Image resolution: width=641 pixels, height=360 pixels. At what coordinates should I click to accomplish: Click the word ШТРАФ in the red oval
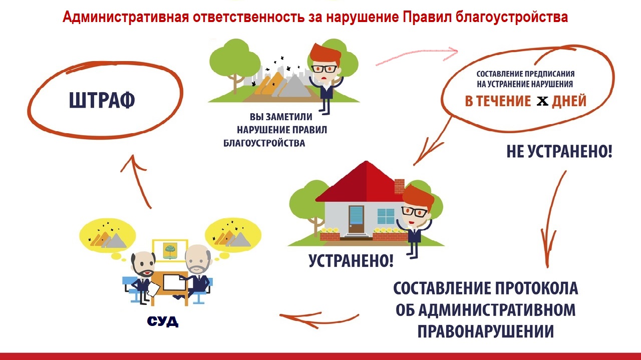[x=102, y=100]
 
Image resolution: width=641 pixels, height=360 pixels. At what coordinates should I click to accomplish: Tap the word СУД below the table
[x=163, y=321]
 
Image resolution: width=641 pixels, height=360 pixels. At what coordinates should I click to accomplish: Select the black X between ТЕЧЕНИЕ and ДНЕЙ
[x=542, y=101]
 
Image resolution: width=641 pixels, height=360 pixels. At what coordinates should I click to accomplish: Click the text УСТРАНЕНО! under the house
[x=351, y=260]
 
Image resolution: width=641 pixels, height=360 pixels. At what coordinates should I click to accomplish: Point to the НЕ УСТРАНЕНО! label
[x=559, y=151]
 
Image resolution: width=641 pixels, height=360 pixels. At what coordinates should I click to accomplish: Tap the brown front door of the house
[x=356, y=219]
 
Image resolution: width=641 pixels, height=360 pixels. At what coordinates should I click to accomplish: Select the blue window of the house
[x=386, y=216]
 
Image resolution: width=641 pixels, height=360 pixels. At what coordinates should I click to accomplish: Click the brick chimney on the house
[x=399, y=187]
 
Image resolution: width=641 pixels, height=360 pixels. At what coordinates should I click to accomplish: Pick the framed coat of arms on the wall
[x=170, y=251]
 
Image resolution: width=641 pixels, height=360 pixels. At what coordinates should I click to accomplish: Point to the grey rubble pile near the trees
[x=295, y=86]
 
